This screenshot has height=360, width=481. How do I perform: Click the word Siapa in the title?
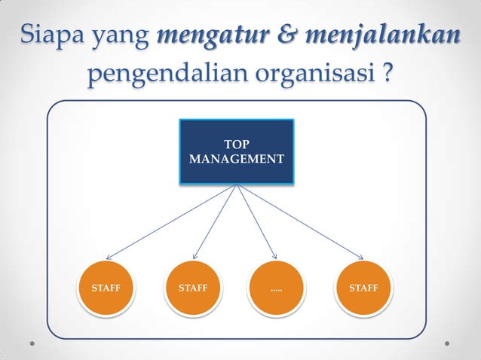[x=51, y=34]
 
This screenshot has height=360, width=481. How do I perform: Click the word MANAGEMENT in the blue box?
[x=237, y=160]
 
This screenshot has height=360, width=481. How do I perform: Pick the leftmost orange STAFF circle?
[x=105, y=288]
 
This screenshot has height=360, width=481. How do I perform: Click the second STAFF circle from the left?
[x=192, y=288]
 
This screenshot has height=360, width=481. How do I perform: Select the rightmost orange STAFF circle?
[x=363, y=288]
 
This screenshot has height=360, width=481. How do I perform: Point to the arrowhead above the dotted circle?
[x=274, y=255]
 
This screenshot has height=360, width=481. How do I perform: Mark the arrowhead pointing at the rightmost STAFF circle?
[x=360, y=256]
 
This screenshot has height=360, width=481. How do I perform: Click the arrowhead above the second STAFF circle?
[x=196, y=255]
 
